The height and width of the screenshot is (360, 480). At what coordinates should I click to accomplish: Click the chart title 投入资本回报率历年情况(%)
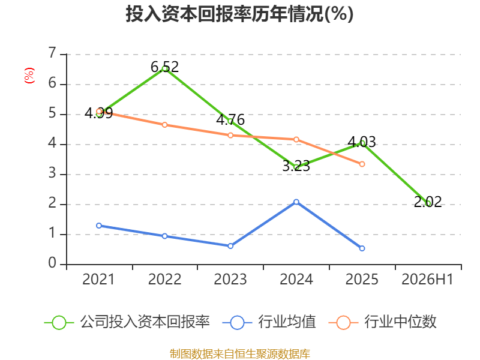pos(239,14)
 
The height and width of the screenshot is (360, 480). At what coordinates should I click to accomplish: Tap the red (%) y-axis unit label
pos(29,76)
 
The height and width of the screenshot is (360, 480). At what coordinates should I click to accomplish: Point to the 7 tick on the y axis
pos(52,53)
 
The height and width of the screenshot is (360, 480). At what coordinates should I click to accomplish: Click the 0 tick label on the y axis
pos(52,263)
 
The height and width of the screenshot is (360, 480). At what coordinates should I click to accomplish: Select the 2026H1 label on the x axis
pos(427,279)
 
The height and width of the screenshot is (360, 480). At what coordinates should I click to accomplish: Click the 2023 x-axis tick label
pos(230,279)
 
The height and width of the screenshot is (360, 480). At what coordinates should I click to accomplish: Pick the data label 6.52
pos(164,67)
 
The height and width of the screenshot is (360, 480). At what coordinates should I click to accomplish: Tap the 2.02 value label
pos(428,202)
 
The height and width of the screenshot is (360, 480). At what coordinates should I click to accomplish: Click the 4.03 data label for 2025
pos(362,142)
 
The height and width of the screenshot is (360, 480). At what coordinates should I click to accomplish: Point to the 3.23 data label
pos(296,166)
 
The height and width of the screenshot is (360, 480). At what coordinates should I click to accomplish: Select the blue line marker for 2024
pos(296,202)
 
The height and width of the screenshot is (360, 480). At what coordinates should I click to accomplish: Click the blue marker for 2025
pos(362,248)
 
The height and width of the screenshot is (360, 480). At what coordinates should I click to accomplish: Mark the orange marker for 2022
pos(164,125)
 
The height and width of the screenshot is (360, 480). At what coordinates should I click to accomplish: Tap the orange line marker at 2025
pos(362,164)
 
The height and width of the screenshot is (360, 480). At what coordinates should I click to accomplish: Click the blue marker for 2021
pos(99,226)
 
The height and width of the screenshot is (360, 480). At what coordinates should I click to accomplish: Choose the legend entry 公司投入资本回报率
pos(127,322)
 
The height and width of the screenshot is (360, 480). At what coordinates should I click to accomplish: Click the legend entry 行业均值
pos(269,322)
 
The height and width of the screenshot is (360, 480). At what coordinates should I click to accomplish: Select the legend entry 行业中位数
pos(382,322)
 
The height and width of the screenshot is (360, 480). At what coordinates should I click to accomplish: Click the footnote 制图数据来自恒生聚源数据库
pos(239,354)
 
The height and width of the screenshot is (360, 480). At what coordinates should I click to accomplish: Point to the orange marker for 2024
pos(296,140)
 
